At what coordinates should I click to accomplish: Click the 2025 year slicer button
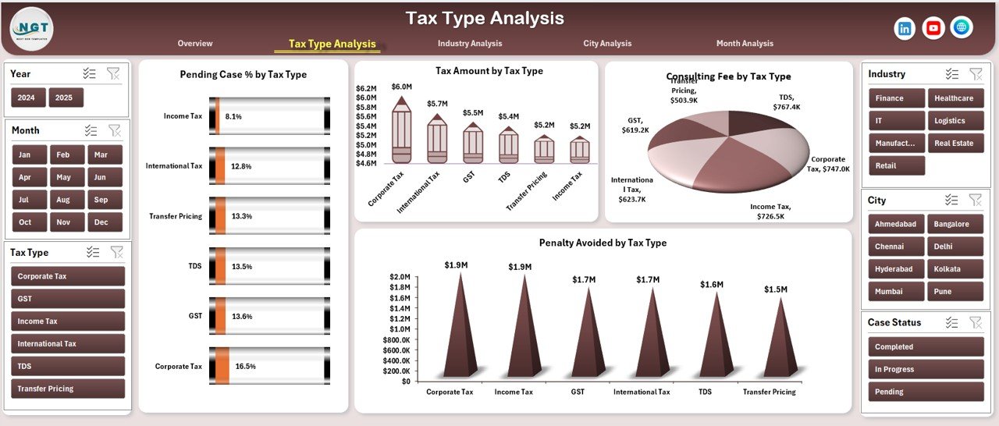point(66,98)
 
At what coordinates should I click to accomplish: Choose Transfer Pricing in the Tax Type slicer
point(68,389)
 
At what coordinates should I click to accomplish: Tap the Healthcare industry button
point(954,98)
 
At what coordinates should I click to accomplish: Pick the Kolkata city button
point(954,269)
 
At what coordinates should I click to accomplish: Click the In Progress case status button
point(926,370)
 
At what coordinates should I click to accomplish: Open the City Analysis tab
point(607,44)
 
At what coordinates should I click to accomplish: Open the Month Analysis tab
point(745,44)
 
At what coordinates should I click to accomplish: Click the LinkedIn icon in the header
point(905,28)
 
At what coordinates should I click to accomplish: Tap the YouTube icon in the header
point(933,28)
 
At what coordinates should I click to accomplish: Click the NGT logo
point(31,28)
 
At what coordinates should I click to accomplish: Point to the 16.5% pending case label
point(245,366)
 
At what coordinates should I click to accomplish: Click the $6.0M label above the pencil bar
point(401,87)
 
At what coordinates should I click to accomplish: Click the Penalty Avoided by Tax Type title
point(603,243)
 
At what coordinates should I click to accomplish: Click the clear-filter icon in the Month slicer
point(115,130)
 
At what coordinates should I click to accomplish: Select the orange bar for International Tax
point(220,165)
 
